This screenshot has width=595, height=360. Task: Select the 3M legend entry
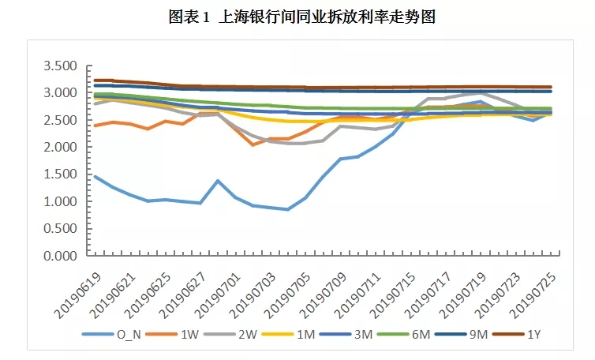(357, 335)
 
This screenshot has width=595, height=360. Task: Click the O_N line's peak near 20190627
(218, 181)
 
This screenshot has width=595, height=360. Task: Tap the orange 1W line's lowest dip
(253, 145)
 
